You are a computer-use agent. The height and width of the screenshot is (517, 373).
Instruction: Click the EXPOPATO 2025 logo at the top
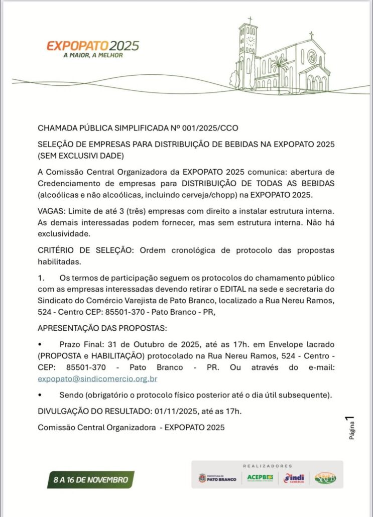[x=93, y=46]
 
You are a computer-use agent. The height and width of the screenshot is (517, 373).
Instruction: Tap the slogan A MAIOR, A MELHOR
[x=93, y=55]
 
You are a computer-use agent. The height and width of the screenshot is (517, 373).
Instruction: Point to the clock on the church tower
[x=250, y=40]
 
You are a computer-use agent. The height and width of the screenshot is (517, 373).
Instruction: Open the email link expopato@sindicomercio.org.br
[x=97, y=379]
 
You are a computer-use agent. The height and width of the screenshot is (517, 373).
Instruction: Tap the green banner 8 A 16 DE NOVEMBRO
[x=91, y=480]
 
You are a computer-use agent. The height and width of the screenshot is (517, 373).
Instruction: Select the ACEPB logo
[x=260, y=477]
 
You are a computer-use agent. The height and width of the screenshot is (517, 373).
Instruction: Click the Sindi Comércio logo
[x=294, y=478]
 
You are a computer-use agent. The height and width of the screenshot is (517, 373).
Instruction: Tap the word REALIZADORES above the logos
[x=268, y=466]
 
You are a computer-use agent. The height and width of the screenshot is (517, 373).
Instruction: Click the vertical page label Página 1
[x=352, y=429]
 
